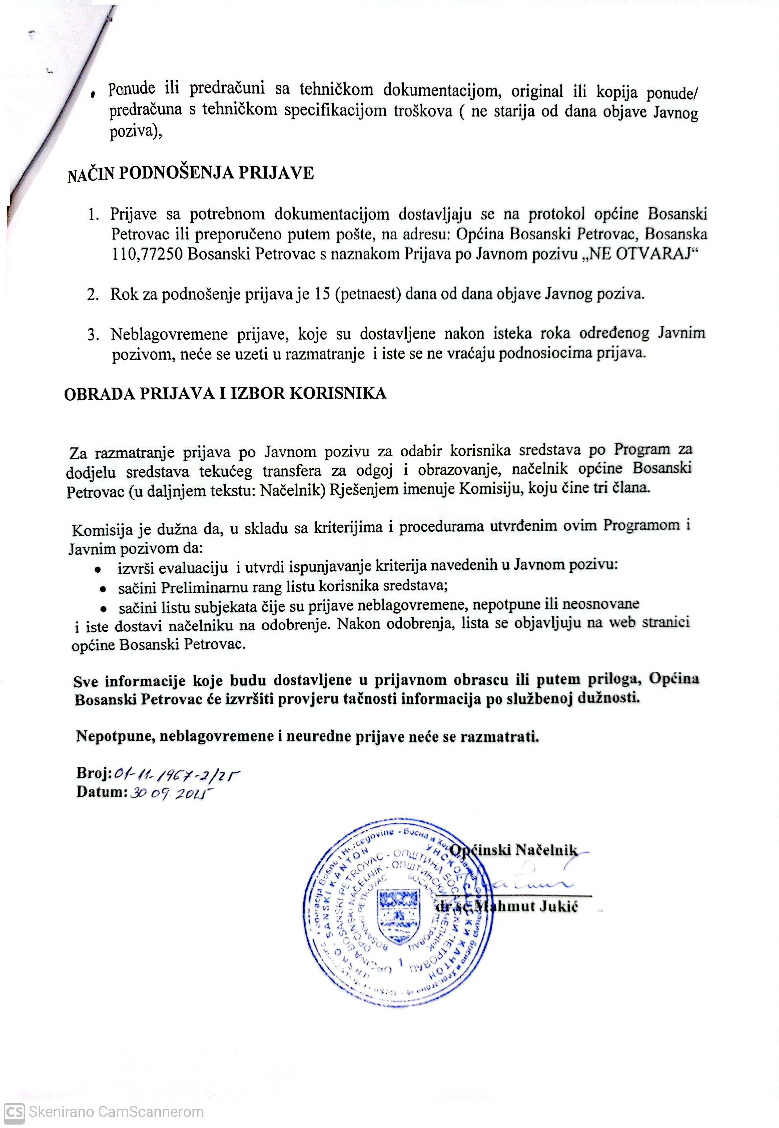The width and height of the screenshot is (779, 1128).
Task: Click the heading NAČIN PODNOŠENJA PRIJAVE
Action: click(x=190, y=174)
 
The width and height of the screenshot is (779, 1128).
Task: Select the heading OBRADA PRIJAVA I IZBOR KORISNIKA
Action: click(x=225, y=394)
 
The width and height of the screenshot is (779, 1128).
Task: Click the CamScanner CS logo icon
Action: click(x=13, y=1109)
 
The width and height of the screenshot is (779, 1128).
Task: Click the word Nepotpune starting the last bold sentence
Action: click(x=115, y=737)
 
